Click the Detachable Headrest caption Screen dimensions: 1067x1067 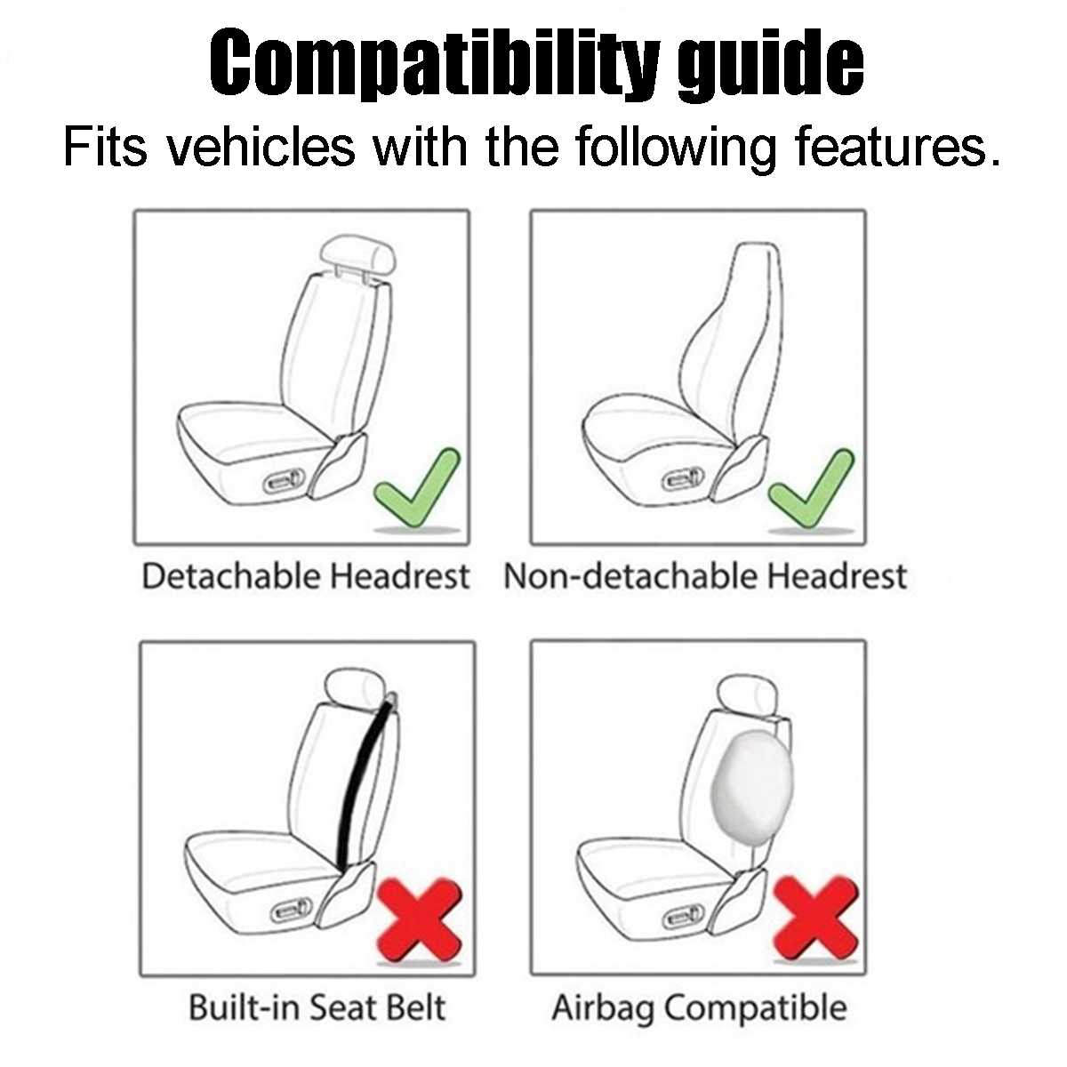click(305, 576)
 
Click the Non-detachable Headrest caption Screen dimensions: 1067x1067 click(705, 576)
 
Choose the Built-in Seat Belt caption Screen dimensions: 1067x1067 click(317, 1007)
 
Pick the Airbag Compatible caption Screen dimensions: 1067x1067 click(699, 1007)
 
